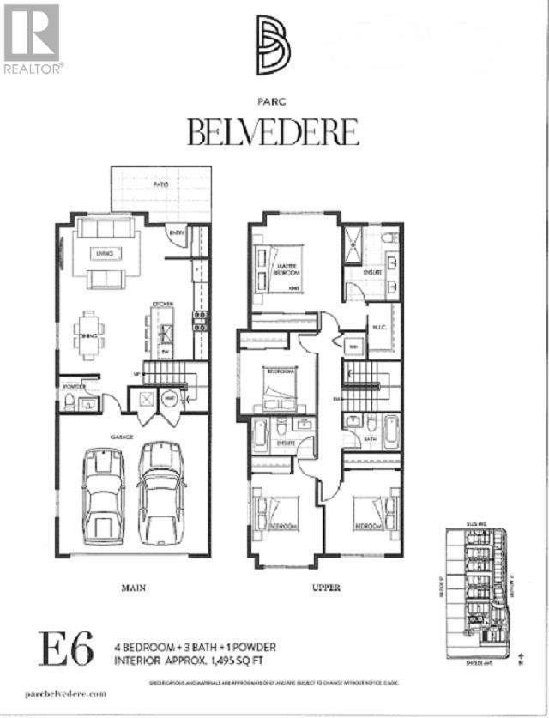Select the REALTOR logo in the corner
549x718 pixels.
click(x=32, y=38)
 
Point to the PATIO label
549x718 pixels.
click(x=161, y=184)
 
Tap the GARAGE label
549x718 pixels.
click(x=120, y=437)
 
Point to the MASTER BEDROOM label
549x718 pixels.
click(x=288, y=268)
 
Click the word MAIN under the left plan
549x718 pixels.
click(x=130, y=588)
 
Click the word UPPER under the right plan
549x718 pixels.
click(x=327, y=588)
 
